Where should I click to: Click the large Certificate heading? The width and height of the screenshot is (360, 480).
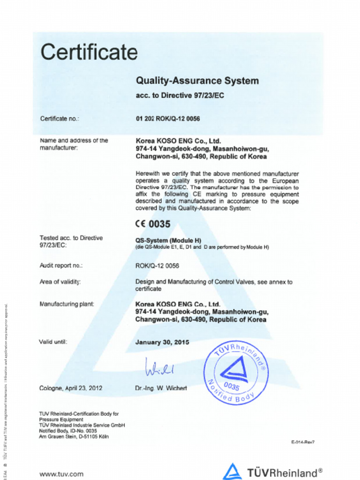(x=89, y=52)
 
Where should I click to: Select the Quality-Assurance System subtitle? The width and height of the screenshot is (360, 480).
(x=197, y=81)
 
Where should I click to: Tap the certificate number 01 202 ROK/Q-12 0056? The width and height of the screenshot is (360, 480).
(x=168, y=119)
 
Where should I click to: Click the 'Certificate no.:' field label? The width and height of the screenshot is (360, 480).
(x=60, y=119)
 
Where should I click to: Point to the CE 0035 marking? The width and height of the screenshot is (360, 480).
(x=153, y=224)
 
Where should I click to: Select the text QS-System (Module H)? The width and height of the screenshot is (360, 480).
(x=168, y=240)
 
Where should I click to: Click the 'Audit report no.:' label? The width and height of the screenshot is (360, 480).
(x=61, y=266)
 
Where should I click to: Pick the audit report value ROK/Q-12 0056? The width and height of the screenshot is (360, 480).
(x=157, y=266)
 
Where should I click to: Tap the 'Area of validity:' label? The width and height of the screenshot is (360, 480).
(x=60, y=282)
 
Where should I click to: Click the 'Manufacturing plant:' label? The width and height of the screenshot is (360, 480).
(x=67, y=304)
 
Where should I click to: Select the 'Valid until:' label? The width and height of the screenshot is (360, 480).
(x=53, y=342)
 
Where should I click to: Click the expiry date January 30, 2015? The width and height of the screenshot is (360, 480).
(x=162, y=342)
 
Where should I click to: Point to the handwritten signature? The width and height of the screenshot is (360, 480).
(x=159, y=367)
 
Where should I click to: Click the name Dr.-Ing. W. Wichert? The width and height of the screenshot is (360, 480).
(x=161, y=388)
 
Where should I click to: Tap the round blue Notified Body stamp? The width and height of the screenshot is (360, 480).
(x=236, y=373)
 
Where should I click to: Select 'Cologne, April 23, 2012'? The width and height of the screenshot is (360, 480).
(x=71, y=388)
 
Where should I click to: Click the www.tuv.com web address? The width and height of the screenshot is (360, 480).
(x=61, y=474)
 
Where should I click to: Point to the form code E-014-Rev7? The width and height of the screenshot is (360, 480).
(x=302, y=442)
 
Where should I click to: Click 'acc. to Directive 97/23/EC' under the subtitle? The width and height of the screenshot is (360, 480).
(x=179, y=96)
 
